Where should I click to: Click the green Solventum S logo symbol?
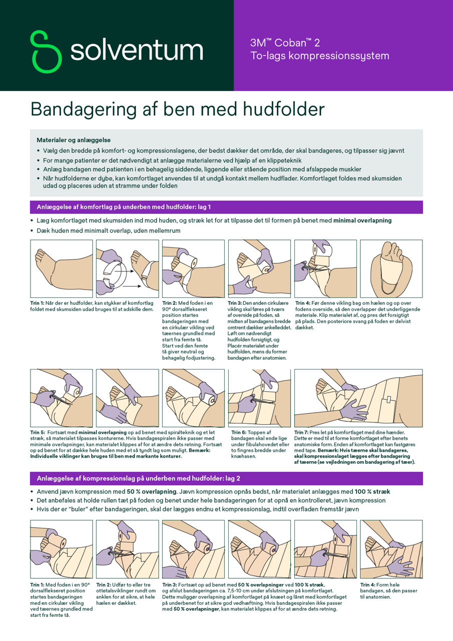(x=46, y=52)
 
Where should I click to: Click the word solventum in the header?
(x=136, y=51)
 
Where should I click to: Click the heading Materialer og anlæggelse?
(x=74, y=140)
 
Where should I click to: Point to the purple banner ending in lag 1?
(x=226, y=207)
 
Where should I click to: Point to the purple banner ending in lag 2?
(x=226, y=478)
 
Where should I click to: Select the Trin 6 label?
(x=239, y=432)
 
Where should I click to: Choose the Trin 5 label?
(x=38, y=432)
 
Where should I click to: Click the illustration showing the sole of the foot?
(x=391, y=269)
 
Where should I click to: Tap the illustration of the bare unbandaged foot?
(x=62, y=269)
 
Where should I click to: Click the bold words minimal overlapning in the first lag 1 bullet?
(x=362, y=220)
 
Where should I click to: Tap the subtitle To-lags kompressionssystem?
(x=319, y=56)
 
